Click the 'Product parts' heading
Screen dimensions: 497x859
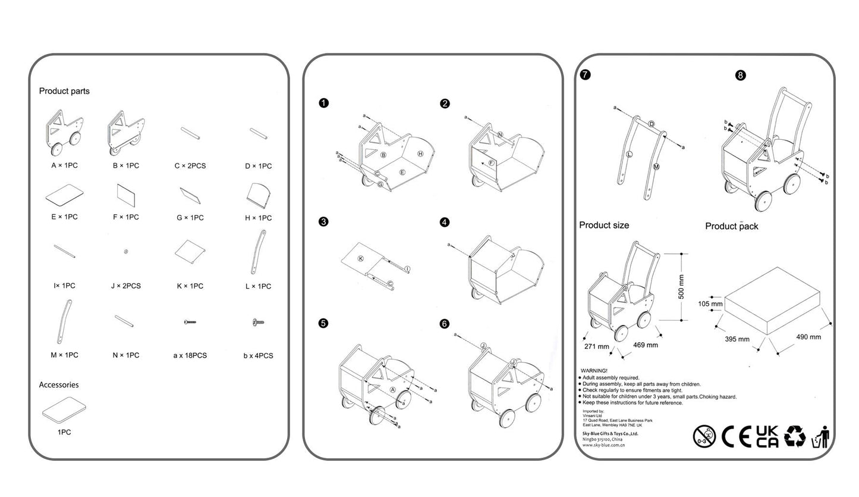(x=64, y=91)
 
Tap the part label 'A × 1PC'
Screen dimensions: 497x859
(x=64, y=165)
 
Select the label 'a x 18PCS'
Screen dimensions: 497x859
(x=190, y=355)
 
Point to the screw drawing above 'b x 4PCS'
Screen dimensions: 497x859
(x=258, y=323)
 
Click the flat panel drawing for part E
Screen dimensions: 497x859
(x=64, y=194)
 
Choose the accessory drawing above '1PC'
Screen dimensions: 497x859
(x=64, y=410)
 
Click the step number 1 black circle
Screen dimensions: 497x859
(x=323, y=103)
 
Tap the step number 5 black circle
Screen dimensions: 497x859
(x=323, y=323)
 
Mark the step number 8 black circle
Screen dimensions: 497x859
(x=740, y=75)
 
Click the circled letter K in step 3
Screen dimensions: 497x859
(x=360, y=258)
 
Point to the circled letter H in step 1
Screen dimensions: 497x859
(x=420, y=154)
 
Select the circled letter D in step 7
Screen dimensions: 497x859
(x=652, y=124)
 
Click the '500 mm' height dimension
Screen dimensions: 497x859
(x=681, y=286)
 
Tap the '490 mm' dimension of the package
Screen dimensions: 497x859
(x=808, y=337)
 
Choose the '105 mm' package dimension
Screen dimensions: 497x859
(x=710, y=304)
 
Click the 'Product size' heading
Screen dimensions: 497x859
(x=604, y=225)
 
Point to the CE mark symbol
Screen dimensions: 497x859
(x=736, y=437)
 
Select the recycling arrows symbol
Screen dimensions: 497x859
(x=795, y=436)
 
